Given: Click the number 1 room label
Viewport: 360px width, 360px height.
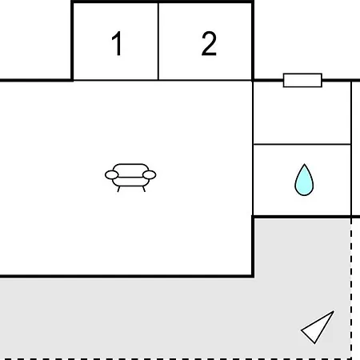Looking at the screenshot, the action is coord(117,43).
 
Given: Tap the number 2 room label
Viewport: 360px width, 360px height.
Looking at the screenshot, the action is coord(209,43).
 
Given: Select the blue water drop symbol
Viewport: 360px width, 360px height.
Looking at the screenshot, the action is coord(304,180).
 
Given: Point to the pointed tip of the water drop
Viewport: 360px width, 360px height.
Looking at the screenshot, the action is coord(304,164).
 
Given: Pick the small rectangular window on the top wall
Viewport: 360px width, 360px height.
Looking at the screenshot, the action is coord(302,80).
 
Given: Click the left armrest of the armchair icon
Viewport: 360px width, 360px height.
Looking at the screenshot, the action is coord(112,175).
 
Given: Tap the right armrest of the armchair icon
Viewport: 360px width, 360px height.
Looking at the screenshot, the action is coord(150,175).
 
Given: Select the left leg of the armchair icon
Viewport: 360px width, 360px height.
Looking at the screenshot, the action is coord(118,189).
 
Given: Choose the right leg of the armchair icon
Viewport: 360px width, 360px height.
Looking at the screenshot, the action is coord(144,189).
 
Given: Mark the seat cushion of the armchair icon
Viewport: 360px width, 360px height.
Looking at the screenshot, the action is coord(130,182).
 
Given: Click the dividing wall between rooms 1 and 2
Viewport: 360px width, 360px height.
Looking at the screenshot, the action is coord(158,42).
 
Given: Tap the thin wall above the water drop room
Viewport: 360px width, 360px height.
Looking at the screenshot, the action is coord(302,144).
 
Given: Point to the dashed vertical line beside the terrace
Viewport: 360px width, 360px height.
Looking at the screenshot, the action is coord(351,288).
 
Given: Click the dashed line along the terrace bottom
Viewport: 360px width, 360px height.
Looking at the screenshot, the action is coord(176,359).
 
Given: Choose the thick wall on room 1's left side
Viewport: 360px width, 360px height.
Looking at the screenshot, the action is coord(72,41).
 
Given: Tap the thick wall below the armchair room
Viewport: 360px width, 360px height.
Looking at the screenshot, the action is coord(126,276).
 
